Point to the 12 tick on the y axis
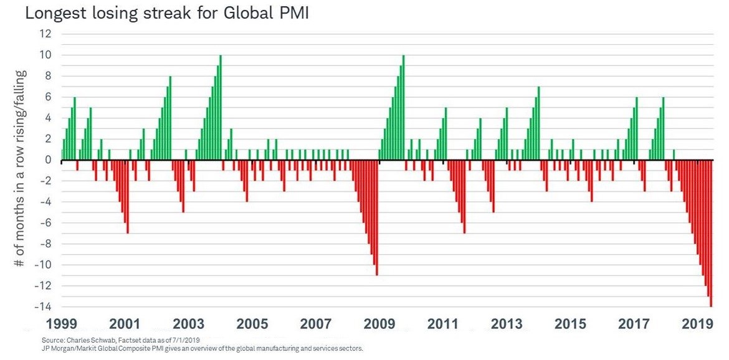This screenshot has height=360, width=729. click(x=44, y=34)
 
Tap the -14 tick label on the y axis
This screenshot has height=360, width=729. click(x=42, y=307)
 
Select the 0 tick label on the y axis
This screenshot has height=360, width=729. click(x=47, y=160)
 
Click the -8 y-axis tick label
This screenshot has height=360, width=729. click(x=44, y=244)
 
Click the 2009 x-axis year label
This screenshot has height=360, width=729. click(x=379, y=324)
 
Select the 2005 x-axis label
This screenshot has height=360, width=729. click(x=252, y=324)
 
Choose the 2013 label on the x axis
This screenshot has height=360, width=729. click(x=507, y=324)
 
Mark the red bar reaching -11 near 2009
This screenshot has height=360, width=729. click(x=377, y=218)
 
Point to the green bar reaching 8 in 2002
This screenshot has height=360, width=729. click(x=170, y=118)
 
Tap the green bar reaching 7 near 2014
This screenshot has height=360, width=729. click(x=538, y=123)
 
